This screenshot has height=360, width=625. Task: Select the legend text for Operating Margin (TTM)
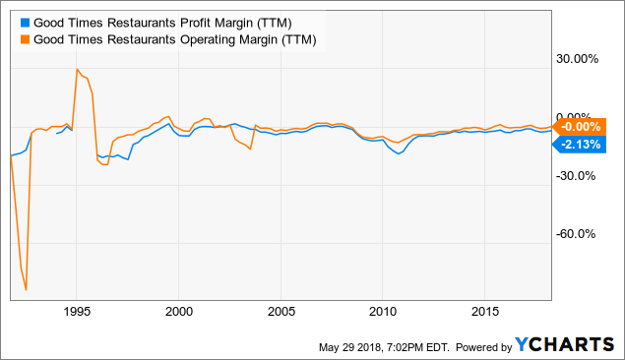point(173,39)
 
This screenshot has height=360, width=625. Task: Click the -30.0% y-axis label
point(580,176)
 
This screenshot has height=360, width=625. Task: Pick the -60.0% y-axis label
point(580,234)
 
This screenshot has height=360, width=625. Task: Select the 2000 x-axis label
point(178,312)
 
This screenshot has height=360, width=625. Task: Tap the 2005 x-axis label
point(281,312)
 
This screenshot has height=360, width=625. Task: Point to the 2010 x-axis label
point(382,312)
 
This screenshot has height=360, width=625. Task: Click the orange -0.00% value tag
point(581,127)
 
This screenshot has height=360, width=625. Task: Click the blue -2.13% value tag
point(581,145)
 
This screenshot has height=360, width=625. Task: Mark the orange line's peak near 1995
point(76,70)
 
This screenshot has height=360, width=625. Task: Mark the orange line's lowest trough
point(26,290)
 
